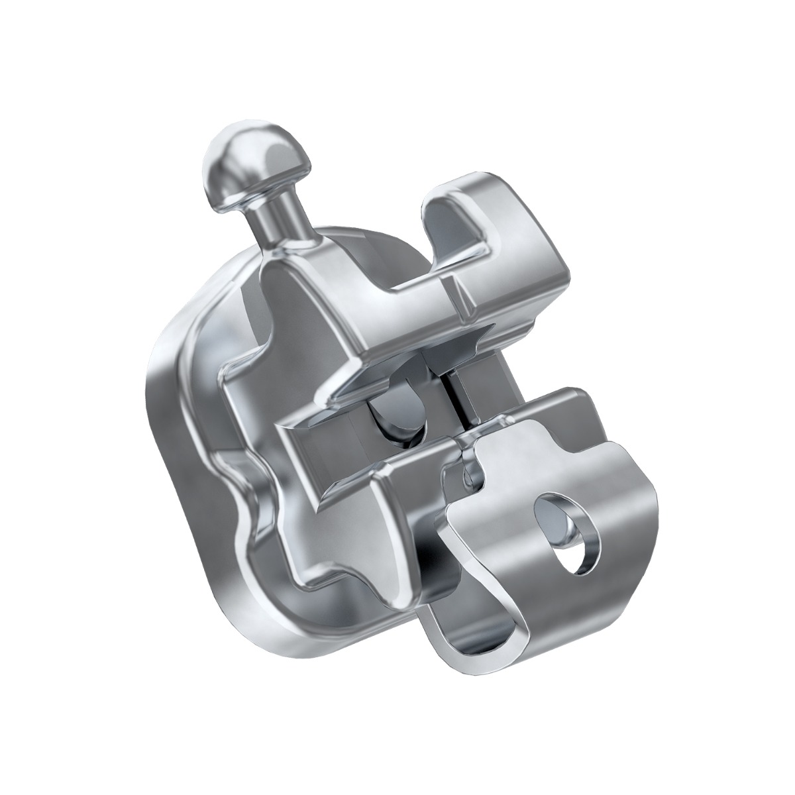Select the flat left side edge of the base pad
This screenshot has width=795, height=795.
[156, 424]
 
